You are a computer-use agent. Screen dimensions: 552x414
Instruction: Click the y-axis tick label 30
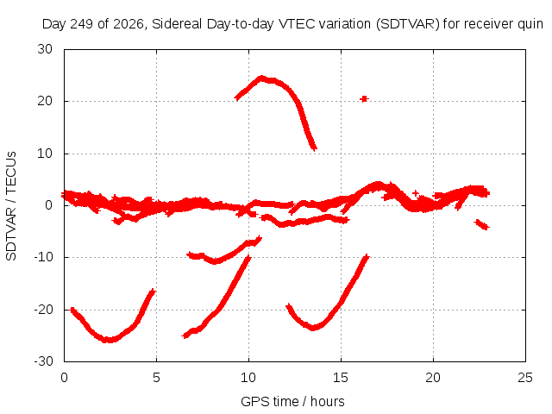pos(45,49)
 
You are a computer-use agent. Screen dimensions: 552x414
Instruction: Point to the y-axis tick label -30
pos(43,361)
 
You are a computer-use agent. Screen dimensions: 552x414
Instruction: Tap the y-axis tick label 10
pos(45,154)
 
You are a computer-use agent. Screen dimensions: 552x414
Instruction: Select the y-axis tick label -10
pos(43,257)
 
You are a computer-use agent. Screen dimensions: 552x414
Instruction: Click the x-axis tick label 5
pos(156,378)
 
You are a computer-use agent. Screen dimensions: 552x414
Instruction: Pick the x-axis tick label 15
pos(341,378)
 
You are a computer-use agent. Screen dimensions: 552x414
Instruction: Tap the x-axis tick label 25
pos(525,378)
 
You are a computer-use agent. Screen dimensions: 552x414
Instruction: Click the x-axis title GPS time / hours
pos(292,402)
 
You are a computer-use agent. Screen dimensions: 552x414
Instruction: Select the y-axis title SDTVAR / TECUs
pos(11,206)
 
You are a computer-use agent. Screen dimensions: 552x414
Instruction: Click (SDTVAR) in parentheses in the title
pos(408,24)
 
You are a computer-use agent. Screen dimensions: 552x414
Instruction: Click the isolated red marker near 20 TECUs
pos(364,99)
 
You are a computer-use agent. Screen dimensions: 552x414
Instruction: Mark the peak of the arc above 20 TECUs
pos(260,78)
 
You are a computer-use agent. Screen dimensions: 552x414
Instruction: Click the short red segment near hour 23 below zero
pos(482,224)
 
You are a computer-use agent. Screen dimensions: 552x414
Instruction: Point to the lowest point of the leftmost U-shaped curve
pos(110,340)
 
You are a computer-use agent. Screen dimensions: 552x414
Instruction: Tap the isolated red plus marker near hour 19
pos(416,193)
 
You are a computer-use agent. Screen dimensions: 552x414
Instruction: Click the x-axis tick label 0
pos(64,378)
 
